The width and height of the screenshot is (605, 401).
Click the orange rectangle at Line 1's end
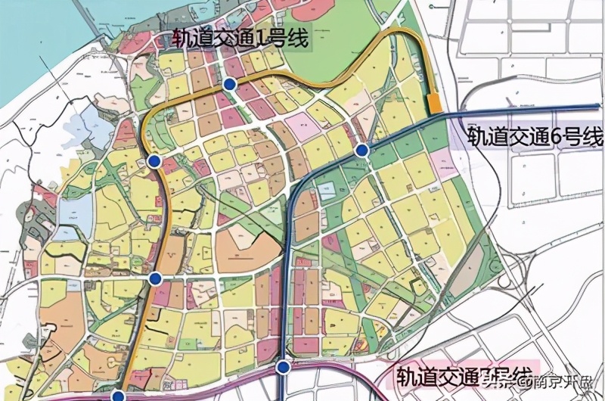[434, 105]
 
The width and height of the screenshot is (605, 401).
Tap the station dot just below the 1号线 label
[230, 84]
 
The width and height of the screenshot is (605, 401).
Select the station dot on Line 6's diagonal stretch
[362, 151]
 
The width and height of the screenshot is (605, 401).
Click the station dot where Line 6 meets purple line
[282, 368]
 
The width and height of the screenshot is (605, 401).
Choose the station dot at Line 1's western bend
[154, 161]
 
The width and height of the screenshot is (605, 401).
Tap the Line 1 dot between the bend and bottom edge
[155, 278]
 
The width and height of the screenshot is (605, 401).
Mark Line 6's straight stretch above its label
[522, 111]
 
